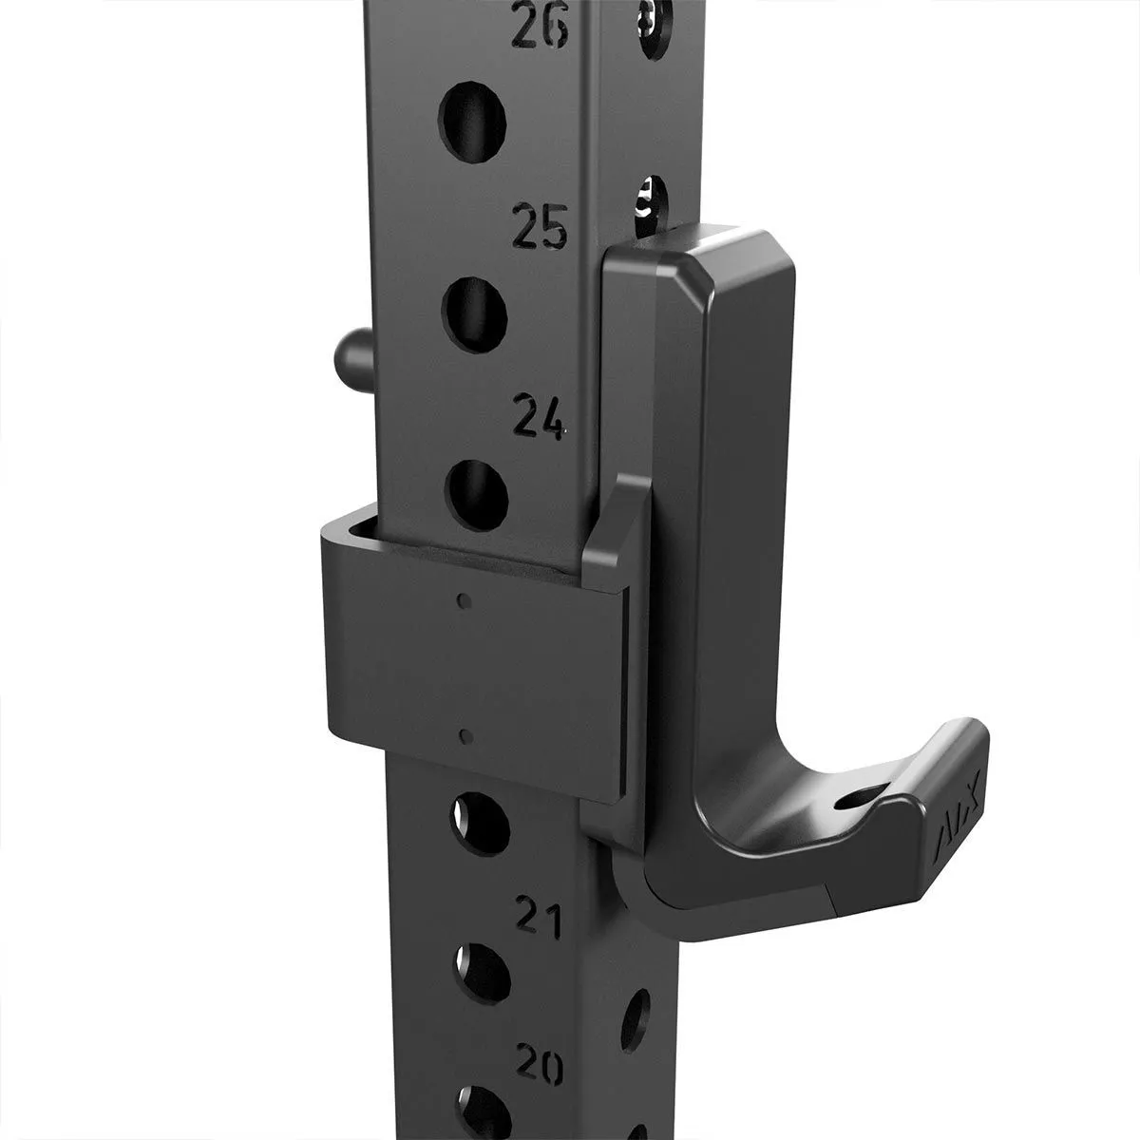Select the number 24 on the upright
tap(538, 416)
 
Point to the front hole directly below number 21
tap(482, 975)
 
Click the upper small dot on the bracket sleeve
tap(463, 600)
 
